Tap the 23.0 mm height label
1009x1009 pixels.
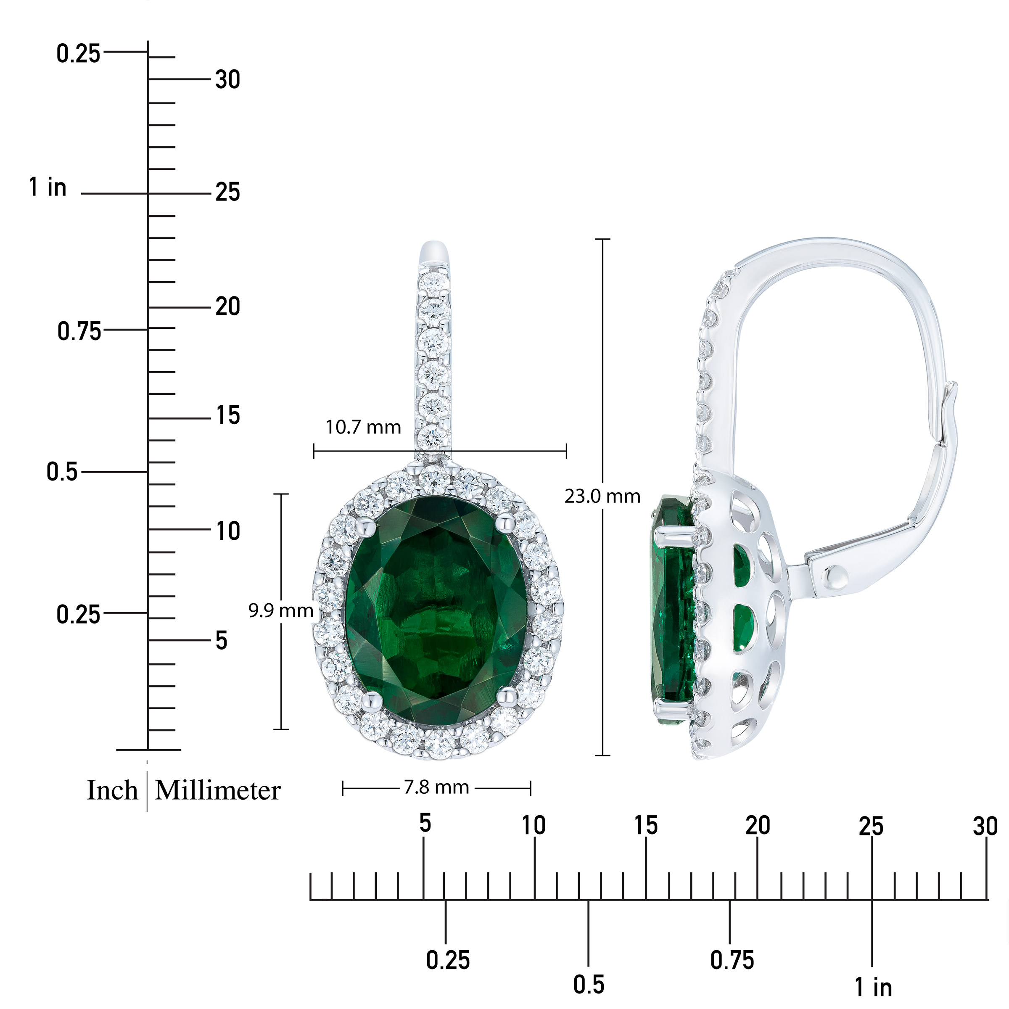(x=602, y=496)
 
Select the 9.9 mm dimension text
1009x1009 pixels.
(x=281, y=610)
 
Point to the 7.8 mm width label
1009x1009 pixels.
(x=437, y=787)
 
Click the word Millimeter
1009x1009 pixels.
(x=218, y=790)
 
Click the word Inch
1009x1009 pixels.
(x=112, y=790)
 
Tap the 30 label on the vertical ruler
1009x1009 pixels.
(x=228, y=79)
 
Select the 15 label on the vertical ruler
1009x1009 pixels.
(x=228, y=416)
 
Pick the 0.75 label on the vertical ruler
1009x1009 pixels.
(x=79, y=331)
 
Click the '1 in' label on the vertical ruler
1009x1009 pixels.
(x=48, y=187)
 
